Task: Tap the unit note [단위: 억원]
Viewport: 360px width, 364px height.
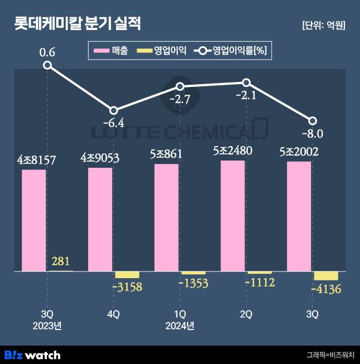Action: pos(323,25)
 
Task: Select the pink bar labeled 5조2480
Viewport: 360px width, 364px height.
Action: pos(233,216)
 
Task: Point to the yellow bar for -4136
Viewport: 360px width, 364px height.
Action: pos(326,276)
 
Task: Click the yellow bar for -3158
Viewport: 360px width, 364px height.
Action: pos(127,275)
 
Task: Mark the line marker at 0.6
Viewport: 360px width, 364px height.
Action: pos(47,65)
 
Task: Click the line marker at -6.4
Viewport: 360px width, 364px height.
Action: pos(113,110)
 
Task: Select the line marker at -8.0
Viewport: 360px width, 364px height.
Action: pos(313,121)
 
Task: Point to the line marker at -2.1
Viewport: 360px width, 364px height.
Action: pos(246,82)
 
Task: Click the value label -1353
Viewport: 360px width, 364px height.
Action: pos(193,284)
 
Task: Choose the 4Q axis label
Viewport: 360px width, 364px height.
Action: pos(113,314)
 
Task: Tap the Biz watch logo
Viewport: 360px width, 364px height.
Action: pos(32,355)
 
